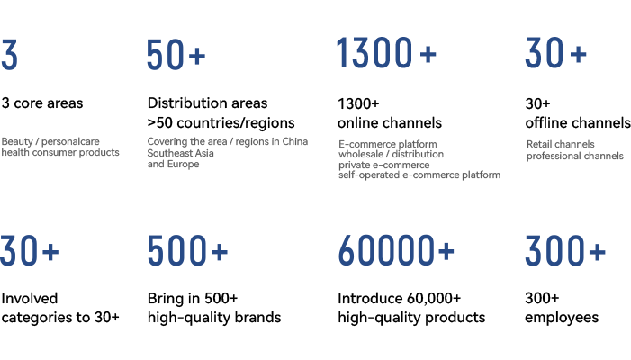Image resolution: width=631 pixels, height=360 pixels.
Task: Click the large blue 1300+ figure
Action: [386, 53]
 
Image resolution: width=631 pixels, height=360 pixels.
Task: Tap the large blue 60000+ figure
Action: [396, 251]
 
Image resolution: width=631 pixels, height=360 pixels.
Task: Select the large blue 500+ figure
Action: [187, 251]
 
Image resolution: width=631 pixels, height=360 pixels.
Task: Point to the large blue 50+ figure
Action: [176, 55]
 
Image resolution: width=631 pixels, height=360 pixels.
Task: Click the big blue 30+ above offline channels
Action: [555, 53]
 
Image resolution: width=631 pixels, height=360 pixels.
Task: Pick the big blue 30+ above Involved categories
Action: [30, 251]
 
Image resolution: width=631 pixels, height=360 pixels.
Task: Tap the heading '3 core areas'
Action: [42, 103]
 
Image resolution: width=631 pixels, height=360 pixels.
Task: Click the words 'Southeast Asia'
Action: [180, 153]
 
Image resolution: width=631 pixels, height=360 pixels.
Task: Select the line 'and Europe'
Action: [173, 164]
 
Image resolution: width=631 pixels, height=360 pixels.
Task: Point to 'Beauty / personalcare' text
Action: [50, 141]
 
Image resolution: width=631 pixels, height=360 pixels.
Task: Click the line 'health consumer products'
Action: [60, 152]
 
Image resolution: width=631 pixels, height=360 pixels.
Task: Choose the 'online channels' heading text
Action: [390, 122]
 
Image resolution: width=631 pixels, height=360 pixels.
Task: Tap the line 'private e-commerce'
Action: [384, 165]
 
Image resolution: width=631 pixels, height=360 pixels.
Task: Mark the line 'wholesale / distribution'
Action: [392, 154]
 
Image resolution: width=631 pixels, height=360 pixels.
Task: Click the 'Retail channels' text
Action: [560, 144]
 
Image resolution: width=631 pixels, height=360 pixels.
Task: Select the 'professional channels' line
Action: [574, 156]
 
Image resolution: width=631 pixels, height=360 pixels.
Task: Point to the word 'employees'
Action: [562, 318]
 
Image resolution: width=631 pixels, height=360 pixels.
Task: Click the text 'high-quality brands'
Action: [214, 318]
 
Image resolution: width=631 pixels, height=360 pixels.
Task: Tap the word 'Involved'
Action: [30, 299]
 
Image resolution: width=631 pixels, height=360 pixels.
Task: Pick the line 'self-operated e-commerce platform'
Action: [419, 175]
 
